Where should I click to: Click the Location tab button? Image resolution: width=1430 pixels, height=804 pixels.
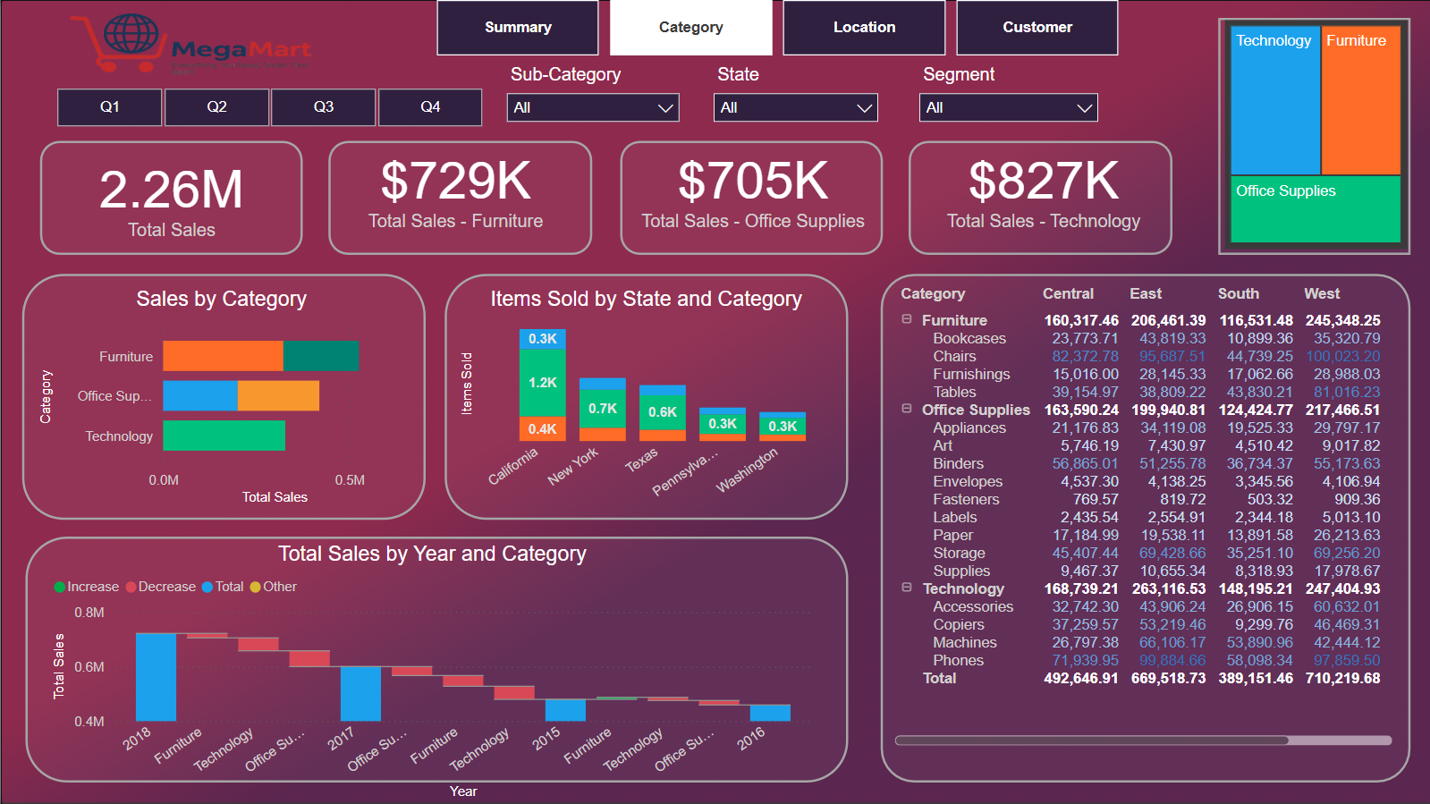864,28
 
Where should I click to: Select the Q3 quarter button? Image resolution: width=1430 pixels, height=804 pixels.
323,107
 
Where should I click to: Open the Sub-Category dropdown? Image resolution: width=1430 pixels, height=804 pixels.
592,107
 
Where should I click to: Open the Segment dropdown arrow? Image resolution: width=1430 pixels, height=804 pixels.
1084,108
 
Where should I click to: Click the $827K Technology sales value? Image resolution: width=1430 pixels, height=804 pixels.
1043,182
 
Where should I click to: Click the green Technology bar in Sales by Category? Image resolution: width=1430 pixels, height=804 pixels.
224,436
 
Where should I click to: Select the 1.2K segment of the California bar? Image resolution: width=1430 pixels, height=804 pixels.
542,383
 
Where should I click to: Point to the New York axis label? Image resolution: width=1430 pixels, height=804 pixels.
573,466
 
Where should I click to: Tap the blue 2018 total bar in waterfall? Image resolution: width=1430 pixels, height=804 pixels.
156,676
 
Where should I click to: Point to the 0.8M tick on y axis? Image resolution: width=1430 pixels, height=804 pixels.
89,613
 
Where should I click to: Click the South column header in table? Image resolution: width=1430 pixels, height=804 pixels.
1238,293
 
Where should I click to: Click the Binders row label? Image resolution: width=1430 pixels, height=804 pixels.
958,463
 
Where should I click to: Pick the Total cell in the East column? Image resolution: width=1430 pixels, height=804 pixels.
1168,678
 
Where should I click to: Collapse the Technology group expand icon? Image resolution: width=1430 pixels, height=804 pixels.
907,588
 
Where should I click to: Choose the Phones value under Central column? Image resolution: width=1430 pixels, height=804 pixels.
1085,660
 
